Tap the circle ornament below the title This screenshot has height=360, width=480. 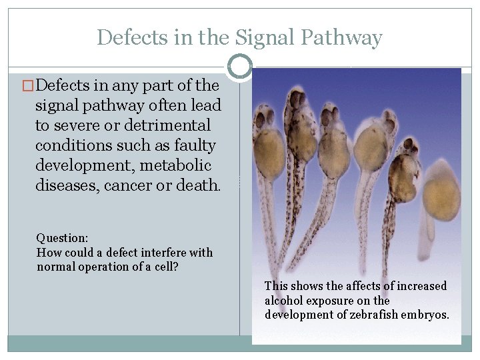point(239,67)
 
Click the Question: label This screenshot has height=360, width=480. point(62,238)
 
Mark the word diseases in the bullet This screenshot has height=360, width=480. point(65,185)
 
